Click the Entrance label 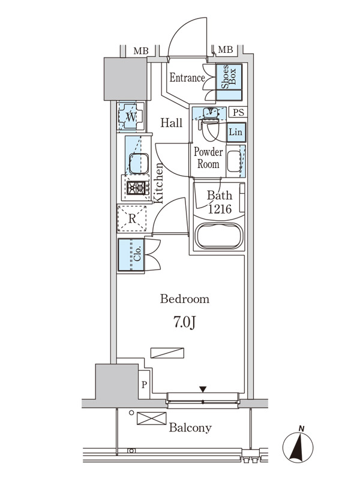tap(187, 77)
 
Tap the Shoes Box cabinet tap(229, 82)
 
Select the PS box tap(238, 112)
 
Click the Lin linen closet tap(236, 132)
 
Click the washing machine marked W tap(131, 116)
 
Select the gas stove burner tap(137, 188)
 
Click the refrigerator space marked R tap(132, 218)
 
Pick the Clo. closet tap(131, 254)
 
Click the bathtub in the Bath tap(219, 236)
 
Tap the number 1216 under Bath tap(220, 209)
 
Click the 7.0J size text tap(185, 322)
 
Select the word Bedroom tap(185, 299)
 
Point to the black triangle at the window tap(203, 389)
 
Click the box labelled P tap(144, 385)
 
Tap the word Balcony tap(190, 428)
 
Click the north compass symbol tap(298, 445)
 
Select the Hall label tap(172, 123)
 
